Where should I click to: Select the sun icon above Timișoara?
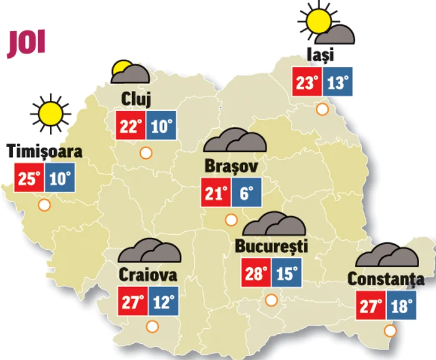click(50, 113)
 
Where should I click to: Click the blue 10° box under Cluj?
click(161, 126)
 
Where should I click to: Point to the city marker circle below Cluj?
click(146, 152)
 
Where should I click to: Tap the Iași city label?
click(321, 54)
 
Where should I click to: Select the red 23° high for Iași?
click(308, 82)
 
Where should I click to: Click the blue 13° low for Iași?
click(338, 82)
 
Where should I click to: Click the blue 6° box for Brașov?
click(246, 194)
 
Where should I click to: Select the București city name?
click(272, 246)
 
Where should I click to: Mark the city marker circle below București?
click(271, 300)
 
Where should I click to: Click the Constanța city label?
click(386, 279)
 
